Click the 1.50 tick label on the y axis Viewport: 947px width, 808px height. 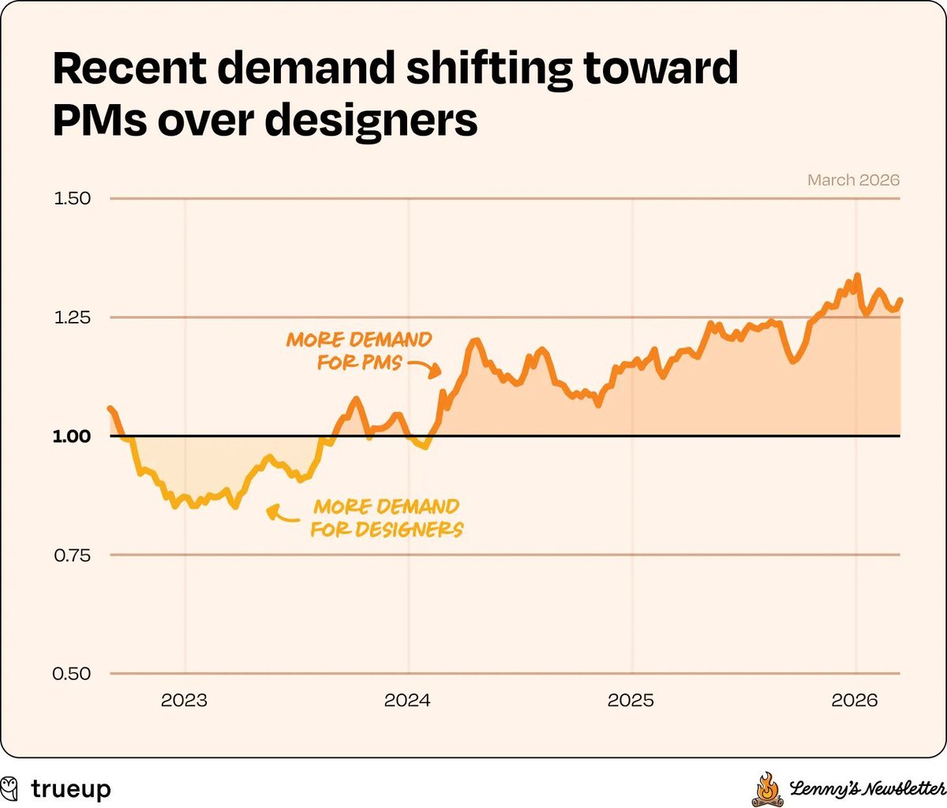72,198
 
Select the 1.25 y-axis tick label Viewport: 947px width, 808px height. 72,317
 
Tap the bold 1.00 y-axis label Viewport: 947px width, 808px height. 72,436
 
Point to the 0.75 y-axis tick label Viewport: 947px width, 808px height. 72,555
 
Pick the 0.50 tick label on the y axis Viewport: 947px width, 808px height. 72,674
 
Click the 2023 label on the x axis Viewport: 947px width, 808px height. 184,700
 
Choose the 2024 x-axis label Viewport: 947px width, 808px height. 407,700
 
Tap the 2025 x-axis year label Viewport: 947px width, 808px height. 631,700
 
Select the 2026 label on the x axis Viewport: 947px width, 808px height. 855,700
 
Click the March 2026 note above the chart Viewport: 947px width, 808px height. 853,180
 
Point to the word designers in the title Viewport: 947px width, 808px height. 371,121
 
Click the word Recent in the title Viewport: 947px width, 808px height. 129,69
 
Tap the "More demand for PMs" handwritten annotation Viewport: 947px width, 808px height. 359,351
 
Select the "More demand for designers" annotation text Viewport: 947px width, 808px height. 386,518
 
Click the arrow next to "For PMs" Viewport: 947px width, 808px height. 425,367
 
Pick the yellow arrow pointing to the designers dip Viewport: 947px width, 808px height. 281,514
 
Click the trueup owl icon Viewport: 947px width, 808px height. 10,788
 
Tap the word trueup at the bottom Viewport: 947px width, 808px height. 71,789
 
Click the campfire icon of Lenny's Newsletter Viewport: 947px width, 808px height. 766,789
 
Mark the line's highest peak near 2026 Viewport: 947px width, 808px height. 857,275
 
